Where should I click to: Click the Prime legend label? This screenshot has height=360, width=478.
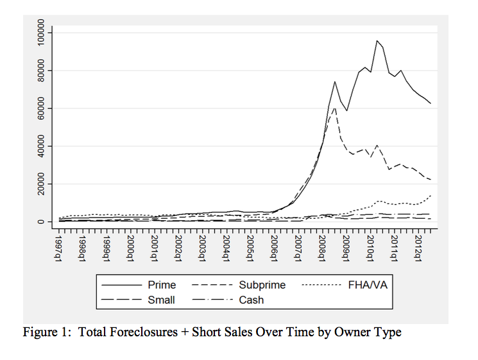[162, 284]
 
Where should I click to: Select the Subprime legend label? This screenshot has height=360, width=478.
[262, 284]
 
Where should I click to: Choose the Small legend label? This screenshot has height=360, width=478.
[161, 299]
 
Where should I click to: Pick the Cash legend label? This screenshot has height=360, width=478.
[251, 299]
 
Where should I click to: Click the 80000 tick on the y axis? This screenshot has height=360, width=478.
[40, 70]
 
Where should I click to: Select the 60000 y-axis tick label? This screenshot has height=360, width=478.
[40, 108]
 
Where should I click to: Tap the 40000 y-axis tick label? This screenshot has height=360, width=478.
[40, 146]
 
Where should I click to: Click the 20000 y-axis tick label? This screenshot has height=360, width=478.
[40, 184]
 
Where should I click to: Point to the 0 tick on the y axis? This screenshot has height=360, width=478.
[40, 222]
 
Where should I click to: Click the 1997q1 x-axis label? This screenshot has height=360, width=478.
[58, 246]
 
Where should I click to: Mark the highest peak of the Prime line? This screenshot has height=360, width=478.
[377, 41]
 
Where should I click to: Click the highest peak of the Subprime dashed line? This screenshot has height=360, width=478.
[334, 107]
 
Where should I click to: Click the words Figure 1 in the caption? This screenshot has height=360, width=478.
[46, 332]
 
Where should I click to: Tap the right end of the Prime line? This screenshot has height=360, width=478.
[431, 103]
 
